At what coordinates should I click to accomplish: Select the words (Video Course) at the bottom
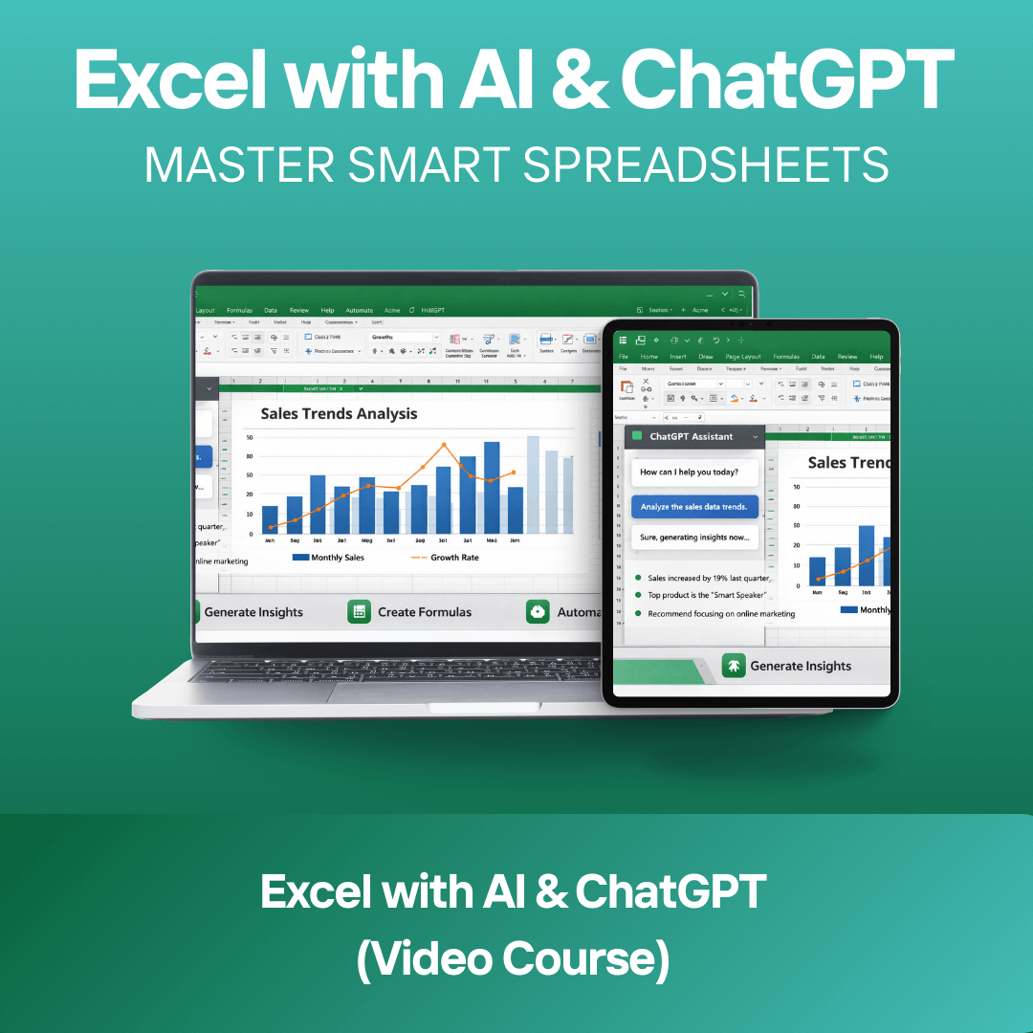pos(513,959)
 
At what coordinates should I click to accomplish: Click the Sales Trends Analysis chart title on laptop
pos(339,414)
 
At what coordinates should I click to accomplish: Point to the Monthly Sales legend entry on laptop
pos(329,558)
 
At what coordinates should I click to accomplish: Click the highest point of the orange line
pos(444,445)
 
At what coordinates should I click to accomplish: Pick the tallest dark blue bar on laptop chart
pos(492,487)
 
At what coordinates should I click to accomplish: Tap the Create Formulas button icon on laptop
pos(359,612)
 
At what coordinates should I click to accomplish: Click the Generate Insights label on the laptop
pos(253,612)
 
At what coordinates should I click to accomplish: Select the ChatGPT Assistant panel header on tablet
pos(691,436)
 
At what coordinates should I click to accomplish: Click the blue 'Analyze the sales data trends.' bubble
pos(693,507)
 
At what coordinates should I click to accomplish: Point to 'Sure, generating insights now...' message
pos(693,538)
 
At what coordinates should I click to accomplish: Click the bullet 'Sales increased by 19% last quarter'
pos(709,579)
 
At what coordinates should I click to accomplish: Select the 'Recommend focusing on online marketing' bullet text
pos(721,614)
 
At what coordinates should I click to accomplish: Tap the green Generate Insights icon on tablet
pos(733,666)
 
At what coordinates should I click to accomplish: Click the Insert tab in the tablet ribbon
pos(677,357)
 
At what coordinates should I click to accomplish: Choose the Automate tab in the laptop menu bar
pos(359,310)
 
